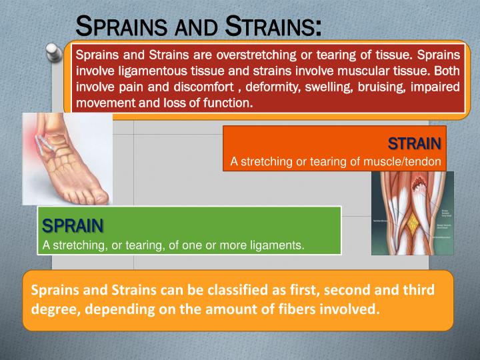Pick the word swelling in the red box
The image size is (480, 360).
pyautogui.click(x=332, y=87)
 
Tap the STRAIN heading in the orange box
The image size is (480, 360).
pyautogui.click(x=414, y=143)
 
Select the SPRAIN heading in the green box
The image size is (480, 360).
pyautogui.click(x=73, y=226)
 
